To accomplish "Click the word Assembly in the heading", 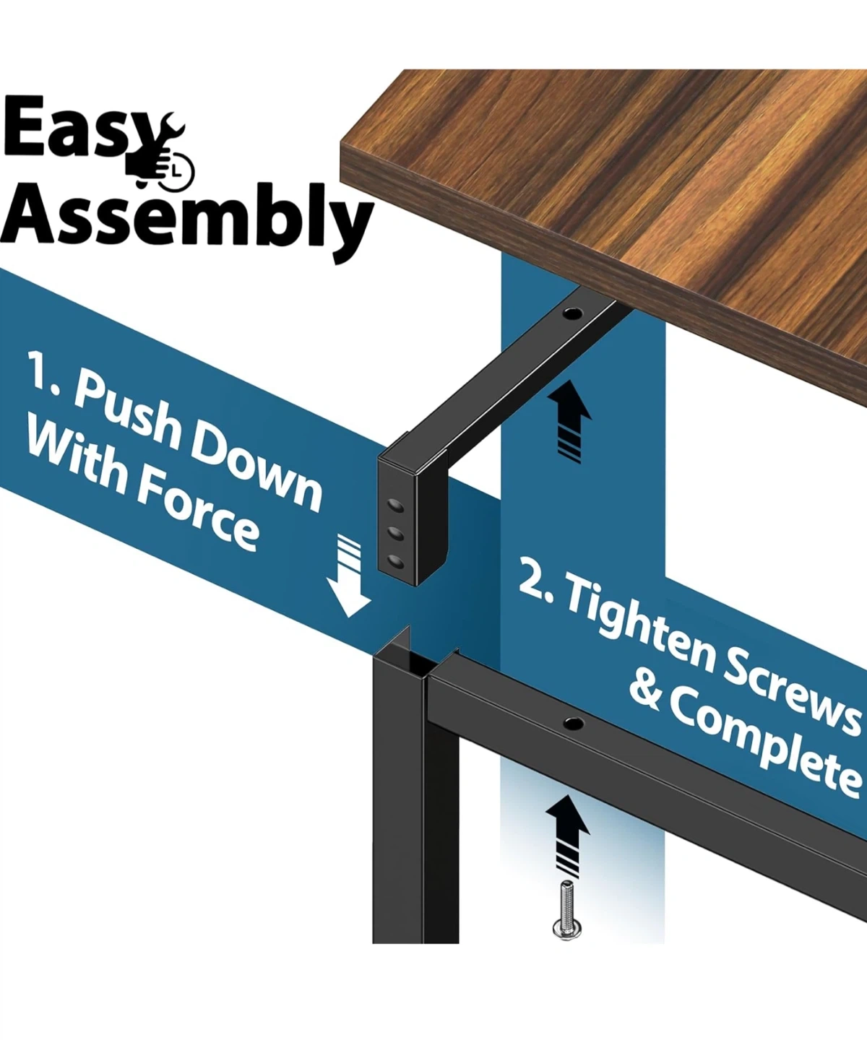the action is tap(187, 218).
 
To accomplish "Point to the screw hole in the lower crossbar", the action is tap(574, 721).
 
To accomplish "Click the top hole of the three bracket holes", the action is tap(396, 506).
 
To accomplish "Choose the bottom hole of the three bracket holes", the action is tap(396, 562).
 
